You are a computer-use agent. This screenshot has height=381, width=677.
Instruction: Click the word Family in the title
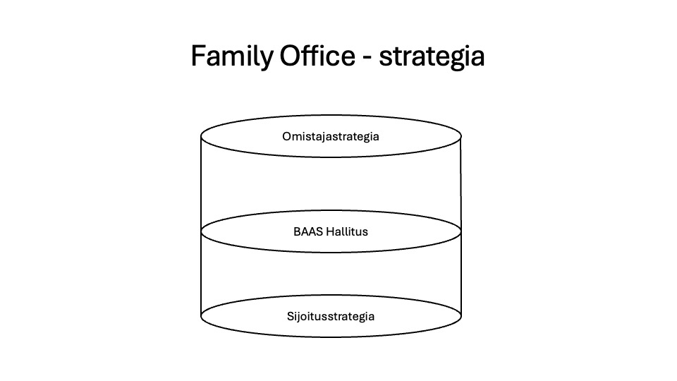232,56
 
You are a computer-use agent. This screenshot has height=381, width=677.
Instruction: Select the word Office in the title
317,55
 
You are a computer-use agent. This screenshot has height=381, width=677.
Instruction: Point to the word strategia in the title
432,57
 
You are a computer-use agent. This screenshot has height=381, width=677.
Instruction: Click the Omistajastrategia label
331,136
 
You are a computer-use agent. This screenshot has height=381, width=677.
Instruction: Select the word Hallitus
347,231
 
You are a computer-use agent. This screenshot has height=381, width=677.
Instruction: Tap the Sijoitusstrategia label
331,316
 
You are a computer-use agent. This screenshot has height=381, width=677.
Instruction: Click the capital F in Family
198,56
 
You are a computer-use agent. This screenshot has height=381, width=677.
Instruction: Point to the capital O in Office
290,56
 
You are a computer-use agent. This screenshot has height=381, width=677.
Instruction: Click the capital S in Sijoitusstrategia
291,316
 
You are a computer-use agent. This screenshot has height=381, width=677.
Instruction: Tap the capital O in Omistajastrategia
287,136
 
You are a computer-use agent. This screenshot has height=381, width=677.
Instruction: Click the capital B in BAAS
297,231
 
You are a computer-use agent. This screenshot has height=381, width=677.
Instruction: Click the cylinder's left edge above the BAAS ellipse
201,184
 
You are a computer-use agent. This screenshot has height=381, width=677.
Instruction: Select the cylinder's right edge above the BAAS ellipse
461,184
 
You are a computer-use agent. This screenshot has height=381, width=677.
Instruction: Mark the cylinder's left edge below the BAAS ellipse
201,274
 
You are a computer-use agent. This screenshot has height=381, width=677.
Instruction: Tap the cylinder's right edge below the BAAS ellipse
461,274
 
